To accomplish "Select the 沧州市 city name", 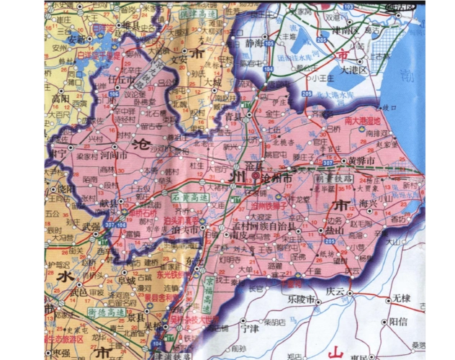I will [276, 176].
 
